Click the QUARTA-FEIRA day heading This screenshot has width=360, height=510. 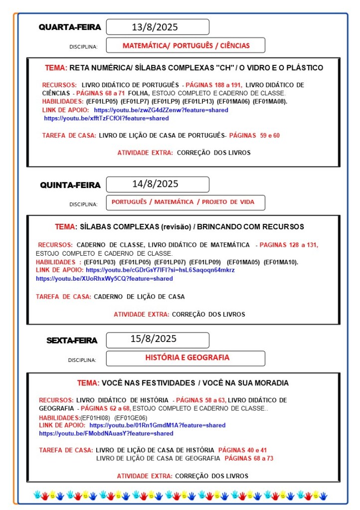70,27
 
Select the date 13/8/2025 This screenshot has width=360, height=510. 158,27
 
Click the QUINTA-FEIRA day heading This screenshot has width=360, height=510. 70,185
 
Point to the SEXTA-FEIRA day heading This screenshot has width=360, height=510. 72,341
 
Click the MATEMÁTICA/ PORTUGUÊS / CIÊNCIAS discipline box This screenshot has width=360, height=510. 185,45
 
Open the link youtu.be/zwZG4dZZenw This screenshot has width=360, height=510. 161,110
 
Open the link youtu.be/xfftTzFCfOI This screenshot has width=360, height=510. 106,118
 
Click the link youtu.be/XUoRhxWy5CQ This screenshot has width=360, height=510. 104,278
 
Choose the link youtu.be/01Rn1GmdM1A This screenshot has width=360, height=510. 157,425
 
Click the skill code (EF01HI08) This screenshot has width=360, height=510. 95,417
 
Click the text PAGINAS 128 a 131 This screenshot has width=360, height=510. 289,245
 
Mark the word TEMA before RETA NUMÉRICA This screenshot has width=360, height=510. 55,68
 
